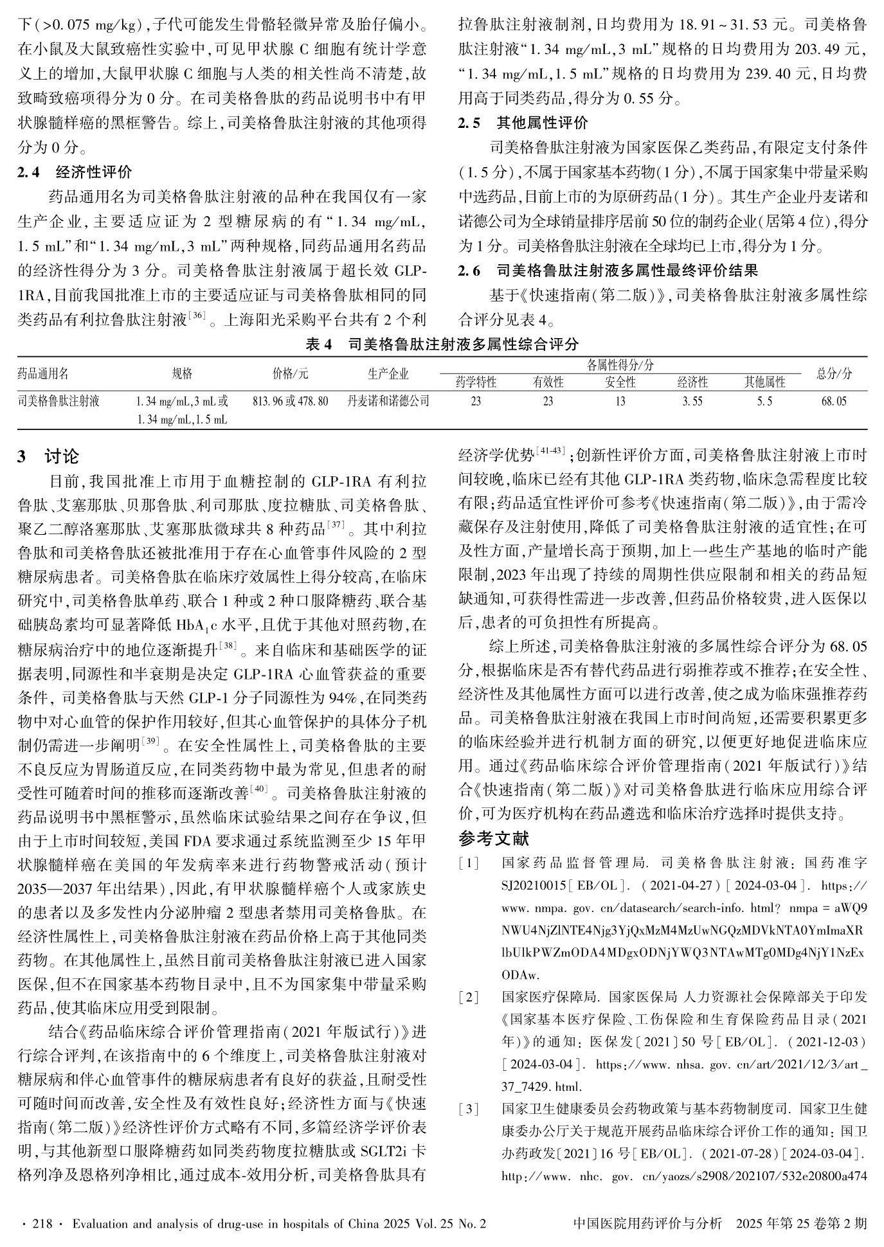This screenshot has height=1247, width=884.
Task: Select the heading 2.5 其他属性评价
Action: pos(523,123)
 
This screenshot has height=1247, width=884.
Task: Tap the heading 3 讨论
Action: pos(49,456)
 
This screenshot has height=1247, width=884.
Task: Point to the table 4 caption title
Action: pos(442,344)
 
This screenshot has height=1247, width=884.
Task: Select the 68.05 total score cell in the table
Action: pos(834,401)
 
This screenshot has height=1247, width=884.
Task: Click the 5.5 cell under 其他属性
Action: pos(764,401)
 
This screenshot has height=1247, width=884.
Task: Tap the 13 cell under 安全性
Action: pos(620,401)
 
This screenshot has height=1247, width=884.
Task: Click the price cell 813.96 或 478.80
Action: pos(291,401)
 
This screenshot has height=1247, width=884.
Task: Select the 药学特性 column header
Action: pos(476,382)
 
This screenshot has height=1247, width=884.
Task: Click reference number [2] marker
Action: pos(469,997)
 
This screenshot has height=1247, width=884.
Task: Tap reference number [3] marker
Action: pos(469,1108)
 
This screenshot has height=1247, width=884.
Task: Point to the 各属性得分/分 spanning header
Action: pos(620,365)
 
